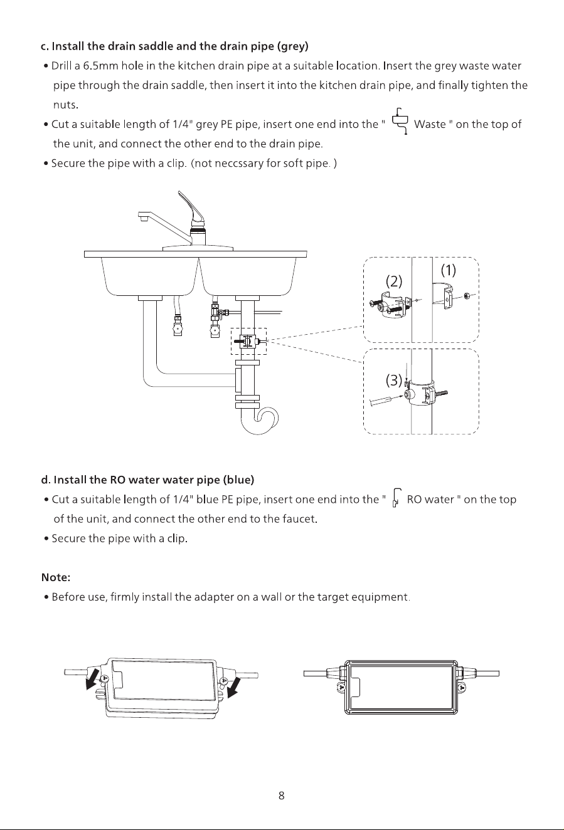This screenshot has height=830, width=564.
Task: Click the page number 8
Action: (x=282, y=796)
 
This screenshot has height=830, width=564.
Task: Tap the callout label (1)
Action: (x=449, y=270)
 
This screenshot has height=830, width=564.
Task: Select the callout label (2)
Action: (x=394, y=281)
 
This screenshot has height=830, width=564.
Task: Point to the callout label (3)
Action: (x=394, y=380)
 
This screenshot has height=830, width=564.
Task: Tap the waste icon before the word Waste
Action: (x=400, y=121)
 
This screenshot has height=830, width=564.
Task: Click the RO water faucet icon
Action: (x=396, y=498)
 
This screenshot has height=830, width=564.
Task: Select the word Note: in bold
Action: (x=56, y=577)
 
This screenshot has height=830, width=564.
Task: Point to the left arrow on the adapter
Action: (x=91, y=679)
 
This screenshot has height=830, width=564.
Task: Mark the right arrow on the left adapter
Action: (x=235, y=688)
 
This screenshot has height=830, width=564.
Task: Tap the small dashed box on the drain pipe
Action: (x=249, y=341)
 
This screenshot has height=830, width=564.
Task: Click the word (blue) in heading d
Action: (x=238, y=480)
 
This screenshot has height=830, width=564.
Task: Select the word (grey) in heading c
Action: (x=292, y=46)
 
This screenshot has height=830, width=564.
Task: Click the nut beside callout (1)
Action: (x=467, y=295)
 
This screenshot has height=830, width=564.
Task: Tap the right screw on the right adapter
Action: (x=462, y=688)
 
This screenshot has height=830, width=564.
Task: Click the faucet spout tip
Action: (x=142, y=218)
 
